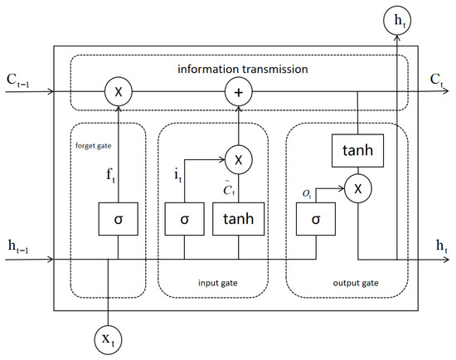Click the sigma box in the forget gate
point(119,219)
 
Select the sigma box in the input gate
point(185,219)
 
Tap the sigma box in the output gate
point(316,219)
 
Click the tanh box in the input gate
point(239,219)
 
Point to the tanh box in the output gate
point(357,150)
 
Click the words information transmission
point(243,70)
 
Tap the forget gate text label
point(94,145)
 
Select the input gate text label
point(218,283)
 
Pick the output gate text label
point(356,283)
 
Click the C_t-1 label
point(18,80)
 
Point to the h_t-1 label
point(18,247)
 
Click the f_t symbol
point(111,176)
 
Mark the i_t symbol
point(178,176)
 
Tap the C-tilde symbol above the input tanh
point(229,189)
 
